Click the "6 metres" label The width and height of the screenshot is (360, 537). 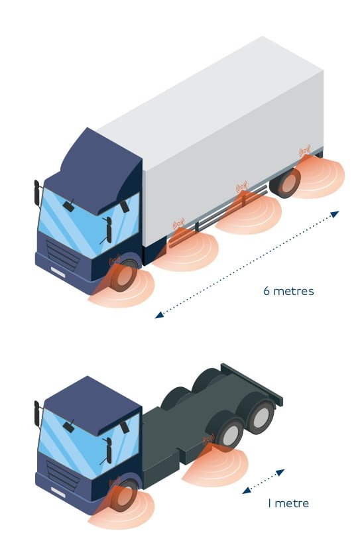pos(288,291)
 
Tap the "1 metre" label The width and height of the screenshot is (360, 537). pos(288,503)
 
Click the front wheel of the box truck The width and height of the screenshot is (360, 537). pos(124,276)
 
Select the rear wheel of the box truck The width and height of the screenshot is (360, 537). pos(286,182)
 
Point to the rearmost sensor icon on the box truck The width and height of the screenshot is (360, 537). pos(304,150)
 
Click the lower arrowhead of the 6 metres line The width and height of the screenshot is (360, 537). pos(159,315)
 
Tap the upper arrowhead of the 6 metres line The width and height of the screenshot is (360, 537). pos(335,214)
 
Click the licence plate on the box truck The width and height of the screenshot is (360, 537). pos(58,272)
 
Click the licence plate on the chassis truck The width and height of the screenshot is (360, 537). pos(58,493)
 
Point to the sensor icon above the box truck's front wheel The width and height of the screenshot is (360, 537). pos(115,260)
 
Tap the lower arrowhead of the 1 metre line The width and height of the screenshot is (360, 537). pos(246,491)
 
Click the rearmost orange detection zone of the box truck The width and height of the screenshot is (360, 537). pos(318,176)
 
